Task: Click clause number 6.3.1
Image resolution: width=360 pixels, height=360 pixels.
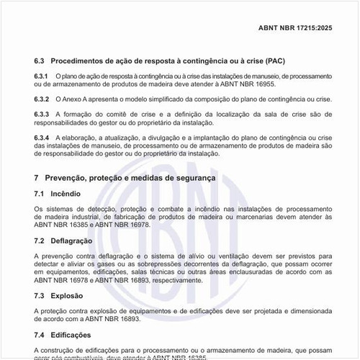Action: [41, 76]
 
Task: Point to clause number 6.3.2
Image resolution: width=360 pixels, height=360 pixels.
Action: [41, 99]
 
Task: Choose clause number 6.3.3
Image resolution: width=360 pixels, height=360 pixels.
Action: [41, 114]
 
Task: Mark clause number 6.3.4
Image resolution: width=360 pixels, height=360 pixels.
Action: [41, 137]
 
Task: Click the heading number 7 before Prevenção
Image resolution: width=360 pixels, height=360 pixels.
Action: [37, 177]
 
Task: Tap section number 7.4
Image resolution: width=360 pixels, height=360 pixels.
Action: [40, 334]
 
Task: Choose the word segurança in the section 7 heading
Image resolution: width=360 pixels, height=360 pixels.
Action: [211, 177]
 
